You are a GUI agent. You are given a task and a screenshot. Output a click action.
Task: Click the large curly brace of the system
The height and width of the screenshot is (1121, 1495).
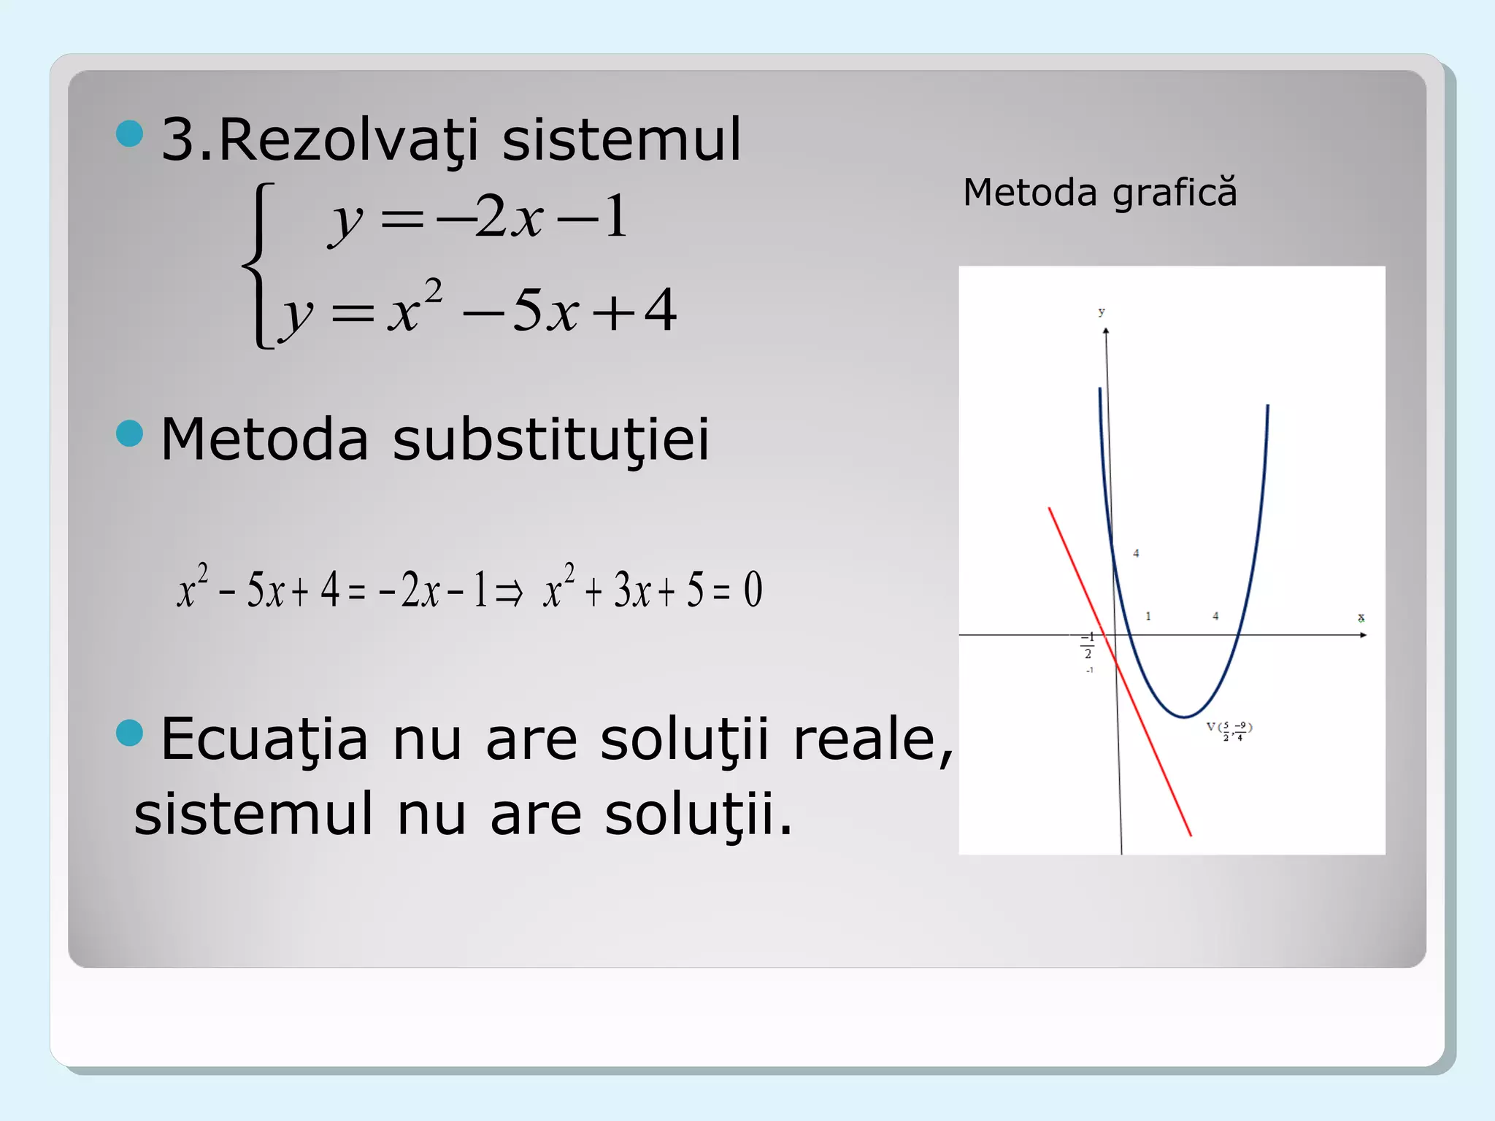[x=259, y=266]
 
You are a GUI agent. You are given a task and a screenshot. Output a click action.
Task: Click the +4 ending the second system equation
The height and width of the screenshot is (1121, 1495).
[x=635, y=310]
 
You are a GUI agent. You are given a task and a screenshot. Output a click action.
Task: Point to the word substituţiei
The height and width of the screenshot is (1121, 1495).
[x=550, y=439]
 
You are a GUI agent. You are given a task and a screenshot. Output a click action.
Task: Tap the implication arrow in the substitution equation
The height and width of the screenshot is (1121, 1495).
[x=509, y=592]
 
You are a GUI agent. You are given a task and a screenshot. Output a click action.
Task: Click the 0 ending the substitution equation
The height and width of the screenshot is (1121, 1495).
[x=753, y=590]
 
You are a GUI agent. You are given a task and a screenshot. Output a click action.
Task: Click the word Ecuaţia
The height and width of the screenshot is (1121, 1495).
[x=264, y=739]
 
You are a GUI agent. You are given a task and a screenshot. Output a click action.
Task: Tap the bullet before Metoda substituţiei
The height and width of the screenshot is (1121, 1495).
[x=130, y=433]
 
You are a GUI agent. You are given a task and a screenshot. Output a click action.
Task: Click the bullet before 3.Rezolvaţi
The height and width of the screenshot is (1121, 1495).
[x=130, y=134]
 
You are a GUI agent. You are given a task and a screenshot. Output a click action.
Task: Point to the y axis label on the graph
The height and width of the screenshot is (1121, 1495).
[x=1102, y=312]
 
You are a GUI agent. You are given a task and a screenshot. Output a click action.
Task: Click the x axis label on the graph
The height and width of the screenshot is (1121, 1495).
[x=1361, y=618]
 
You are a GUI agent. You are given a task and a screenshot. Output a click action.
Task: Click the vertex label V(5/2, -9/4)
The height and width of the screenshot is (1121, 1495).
[x=1230, y=729]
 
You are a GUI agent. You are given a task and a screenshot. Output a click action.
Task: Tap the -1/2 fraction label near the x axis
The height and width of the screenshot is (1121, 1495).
[x=1088, y=645]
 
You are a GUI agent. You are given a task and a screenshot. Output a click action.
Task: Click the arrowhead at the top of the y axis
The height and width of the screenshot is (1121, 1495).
[x=1106, y=332]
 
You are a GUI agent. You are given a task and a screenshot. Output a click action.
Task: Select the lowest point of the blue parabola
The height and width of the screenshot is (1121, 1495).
[x=1184, y=717]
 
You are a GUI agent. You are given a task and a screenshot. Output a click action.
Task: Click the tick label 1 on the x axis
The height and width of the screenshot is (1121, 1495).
[x=1148, y=616]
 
